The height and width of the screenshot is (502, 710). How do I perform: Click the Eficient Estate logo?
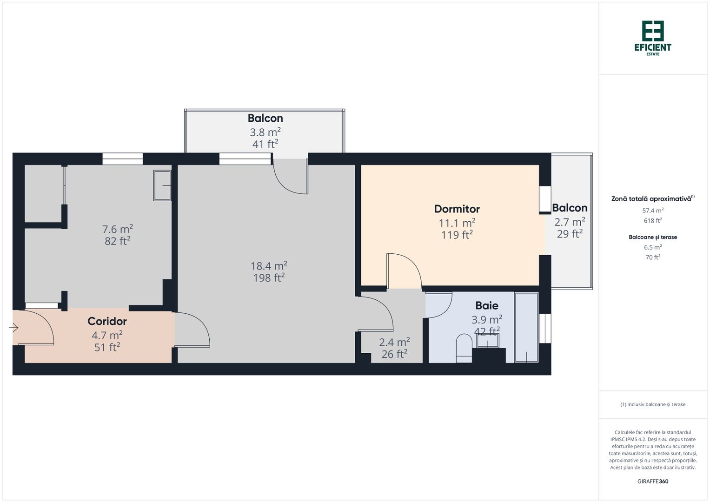pyautogui.click(x=653, y=38)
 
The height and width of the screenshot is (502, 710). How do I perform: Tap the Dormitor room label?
pyautogui.click(x=457, y=209)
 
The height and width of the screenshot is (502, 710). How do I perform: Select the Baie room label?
pyautogui.click(x=486, y=305)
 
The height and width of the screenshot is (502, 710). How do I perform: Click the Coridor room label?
pyautogui.click(x=107, y=321)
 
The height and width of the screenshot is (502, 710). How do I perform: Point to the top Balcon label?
pyautogui.click(x=265, y=118)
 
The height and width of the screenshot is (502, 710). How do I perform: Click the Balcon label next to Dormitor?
pyautogui.click(x=570, y=208)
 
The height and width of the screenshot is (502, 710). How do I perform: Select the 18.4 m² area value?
pyautogui.click(x=269, y=266)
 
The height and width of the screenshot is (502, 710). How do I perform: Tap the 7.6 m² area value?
pyautogui.click(x=118, y=229)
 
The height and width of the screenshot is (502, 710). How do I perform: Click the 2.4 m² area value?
pyautogui.click(x=394, y=342)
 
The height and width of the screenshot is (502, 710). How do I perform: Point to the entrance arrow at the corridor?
pyautogui.click(x=13, y=328)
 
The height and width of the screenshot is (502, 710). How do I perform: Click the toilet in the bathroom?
pyautogui.click(x=464, y=348)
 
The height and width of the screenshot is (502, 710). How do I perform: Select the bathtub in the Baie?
pyautogui.click(x=526, y=327)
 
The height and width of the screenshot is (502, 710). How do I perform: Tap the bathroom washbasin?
pyautogui.click(x=488, y=341)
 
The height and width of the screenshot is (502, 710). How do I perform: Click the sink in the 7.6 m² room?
pyautogui.click(x=162, y=185)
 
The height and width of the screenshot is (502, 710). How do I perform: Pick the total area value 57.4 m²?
pyautogui.click(x=653, y=211)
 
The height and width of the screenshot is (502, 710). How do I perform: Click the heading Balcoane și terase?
pyautogui.click(x=653, y=237)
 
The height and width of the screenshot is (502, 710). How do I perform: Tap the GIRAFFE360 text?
pyautogui.click(x=653, y=481)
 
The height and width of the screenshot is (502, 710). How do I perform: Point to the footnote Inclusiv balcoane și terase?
pyautogui.click(x=653, y=404)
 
